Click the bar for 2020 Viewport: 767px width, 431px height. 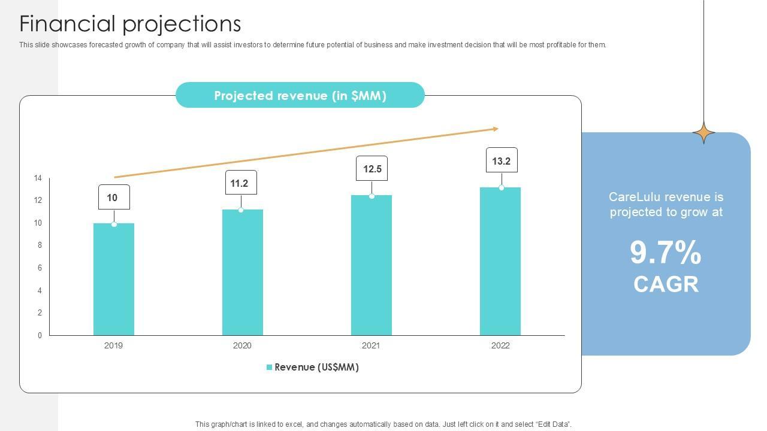click(x=243, y=272)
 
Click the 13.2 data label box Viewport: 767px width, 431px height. click(x=502, y=160)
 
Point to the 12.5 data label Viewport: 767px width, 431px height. click(x=372, y=169)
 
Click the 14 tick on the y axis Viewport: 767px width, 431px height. click(x=38, y=178)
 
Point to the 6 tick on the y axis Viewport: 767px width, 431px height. click(x=40, y=268)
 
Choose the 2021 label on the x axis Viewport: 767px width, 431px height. click(x=371, y=345)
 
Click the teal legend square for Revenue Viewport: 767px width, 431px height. click(x=270, y=367)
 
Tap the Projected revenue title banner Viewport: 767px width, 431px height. click(x=300, y=95)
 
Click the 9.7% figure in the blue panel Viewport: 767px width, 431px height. click(x=666, y=253)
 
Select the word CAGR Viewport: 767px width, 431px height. click(x=666, y=284)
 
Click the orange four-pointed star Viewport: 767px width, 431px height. click(x=703, y=132)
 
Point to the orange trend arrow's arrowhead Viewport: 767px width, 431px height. click(x=495, y=129)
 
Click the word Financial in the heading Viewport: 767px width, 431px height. click(x=67, y=24)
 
